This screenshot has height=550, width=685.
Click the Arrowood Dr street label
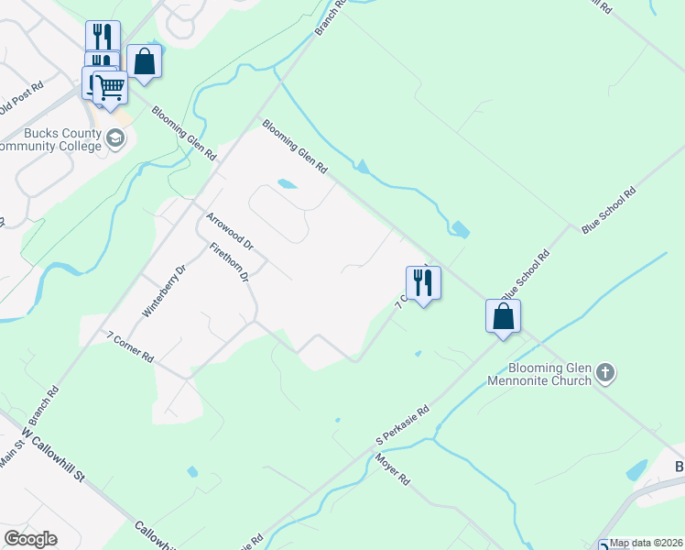click(x=229, y=232)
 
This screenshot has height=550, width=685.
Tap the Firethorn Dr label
click(x=229, y=263)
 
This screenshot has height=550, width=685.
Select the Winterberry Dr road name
click(x=164, y=291)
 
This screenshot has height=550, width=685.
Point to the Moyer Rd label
click(x=391, y=467)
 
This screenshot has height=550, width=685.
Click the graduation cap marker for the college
click(x=115, y=139)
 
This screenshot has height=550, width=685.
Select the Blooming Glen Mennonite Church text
click(x=539, y=374)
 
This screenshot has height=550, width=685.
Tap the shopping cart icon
click(x=110, y=88)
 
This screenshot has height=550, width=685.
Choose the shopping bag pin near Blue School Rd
click(x=503, y=316)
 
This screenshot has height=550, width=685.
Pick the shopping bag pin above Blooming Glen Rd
click(x=144, y=61)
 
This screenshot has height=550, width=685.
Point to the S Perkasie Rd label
click(x=402, y=428)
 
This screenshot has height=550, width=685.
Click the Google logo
click(x=30, y=539)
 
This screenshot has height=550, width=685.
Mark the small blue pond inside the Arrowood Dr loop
click(x=287, y=183)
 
